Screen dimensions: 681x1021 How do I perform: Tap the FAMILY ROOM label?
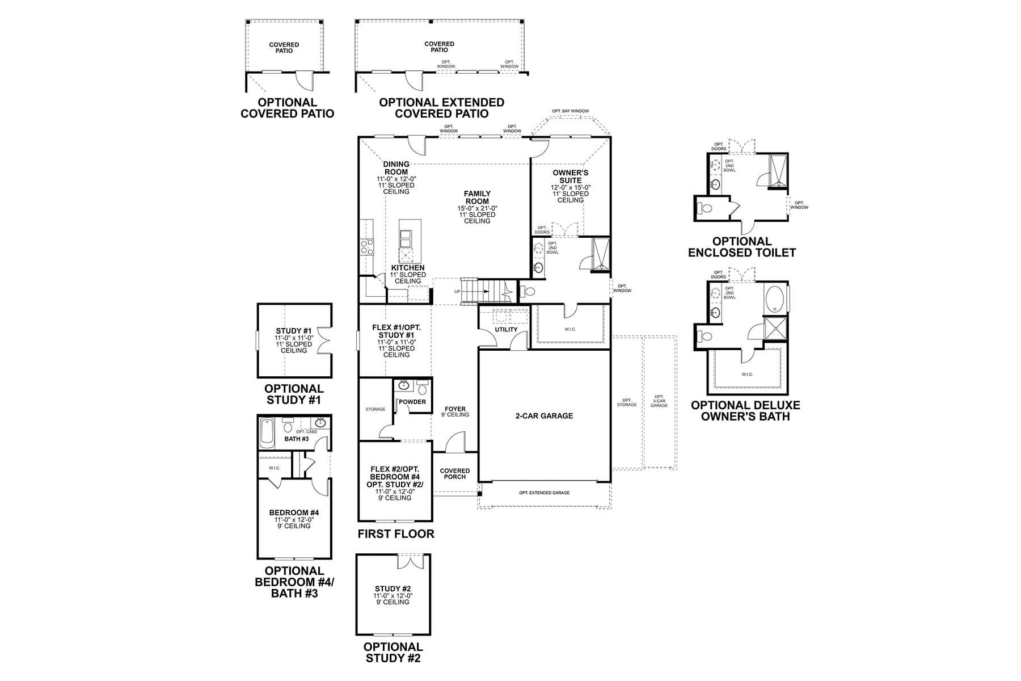point(477,197)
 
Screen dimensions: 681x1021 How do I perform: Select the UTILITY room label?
point(506,330)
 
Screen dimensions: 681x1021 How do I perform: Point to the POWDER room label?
point(412,402)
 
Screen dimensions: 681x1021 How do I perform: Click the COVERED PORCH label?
point(455,474)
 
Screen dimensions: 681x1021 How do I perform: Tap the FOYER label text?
point(455,409)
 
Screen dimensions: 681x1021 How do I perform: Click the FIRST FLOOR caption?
point(396,534)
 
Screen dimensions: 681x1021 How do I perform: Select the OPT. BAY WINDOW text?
point(570,111)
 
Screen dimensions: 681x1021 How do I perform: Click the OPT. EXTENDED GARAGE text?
point(544,493)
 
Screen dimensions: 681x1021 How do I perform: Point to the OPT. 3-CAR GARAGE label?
point(659,401)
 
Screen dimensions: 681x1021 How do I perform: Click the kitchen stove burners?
point(367,246)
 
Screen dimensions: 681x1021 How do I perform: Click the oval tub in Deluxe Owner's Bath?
point(775,299)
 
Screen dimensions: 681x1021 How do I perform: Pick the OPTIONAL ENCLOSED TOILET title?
point(742,247)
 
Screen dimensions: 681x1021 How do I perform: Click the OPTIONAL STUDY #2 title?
point(393,653)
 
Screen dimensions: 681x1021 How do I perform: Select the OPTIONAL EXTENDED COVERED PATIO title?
point(441,108)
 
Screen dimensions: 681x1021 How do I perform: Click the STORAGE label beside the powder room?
point(375,409)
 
